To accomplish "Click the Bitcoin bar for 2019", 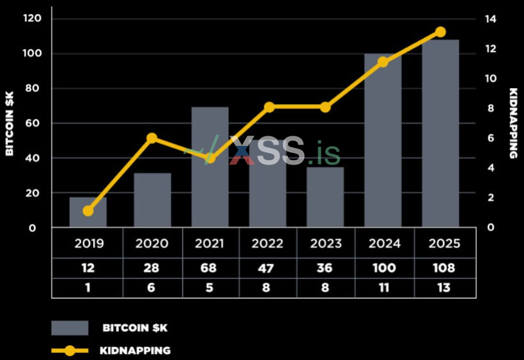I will click(88, 212).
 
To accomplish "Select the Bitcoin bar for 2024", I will click(383, 141).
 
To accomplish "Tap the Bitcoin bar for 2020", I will click(152, 200).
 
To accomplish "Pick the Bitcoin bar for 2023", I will click(325, 197).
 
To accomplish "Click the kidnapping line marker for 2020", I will click(152, 138).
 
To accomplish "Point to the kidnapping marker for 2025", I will click(440, 32).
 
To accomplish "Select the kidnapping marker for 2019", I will click(88, 211).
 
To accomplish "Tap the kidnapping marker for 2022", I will click(269, 107).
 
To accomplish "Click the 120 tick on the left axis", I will click(32, 19).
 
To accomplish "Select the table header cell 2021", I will click(210, 244).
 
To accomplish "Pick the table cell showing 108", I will click(444, 268).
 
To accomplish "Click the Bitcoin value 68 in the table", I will click(210, 268).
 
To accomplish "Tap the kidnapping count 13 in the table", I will click(444, 288).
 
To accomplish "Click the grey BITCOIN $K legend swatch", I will click(69, 328).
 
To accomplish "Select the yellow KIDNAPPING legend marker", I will click(69, 351).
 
